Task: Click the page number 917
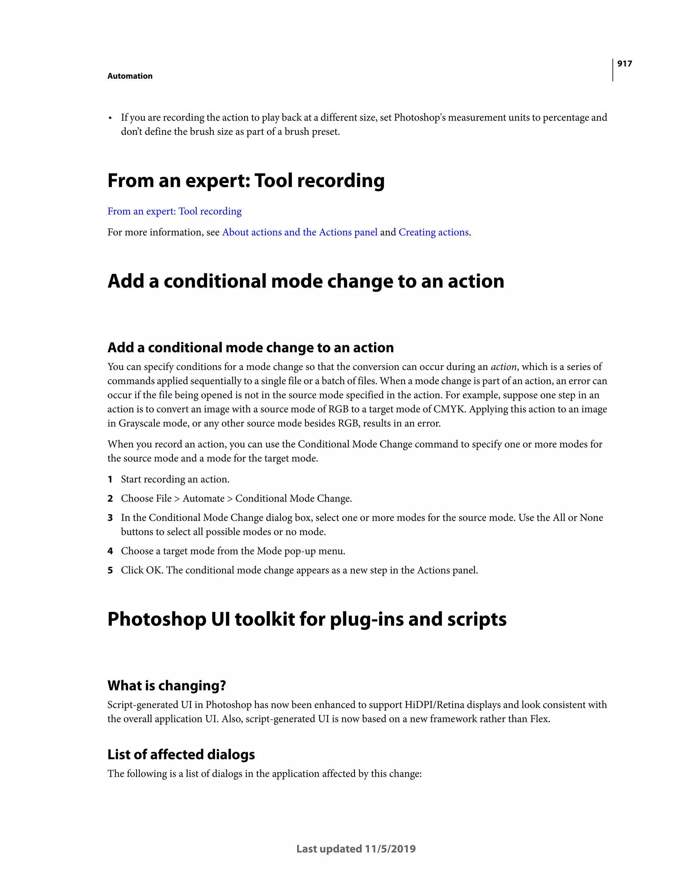point(624,64)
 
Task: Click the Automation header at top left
point(130,76)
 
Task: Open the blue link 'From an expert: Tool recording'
point(174,211)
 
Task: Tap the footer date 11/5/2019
point(390,849)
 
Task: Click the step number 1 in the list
point(110,479)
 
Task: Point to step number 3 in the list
point(110,518)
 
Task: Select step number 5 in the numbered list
point(110,571)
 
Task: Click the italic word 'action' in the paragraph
point(503,367)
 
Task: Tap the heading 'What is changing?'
point(167,686)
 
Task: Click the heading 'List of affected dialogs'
point(181,755)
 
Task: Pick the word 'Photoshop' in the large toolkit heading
point(156,619)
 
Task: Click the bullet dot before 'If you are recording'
point(110,118)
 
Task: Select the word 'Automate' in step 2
point(203,499)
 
